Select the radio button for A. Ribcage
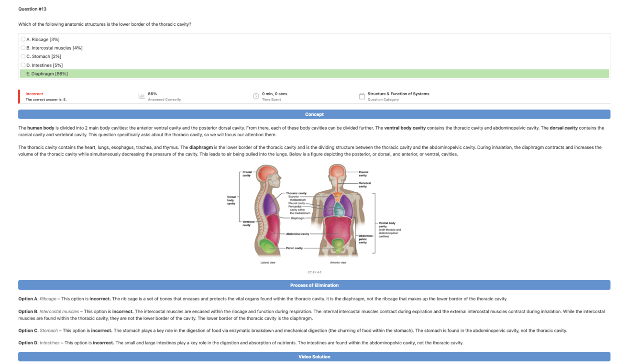coord(23,39)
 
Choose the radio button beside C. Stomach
coord(23,56)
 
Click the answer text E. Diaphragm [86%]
coord(47,74)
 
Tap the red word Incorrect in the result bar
coord(34,94)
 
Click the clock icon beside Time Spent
coord(256,96)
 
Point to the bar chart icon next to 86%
coord(142,96)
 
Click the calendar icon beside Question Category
coord(362,96)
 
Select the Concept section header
coord(314,114)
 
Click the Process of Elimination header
coord(314,285)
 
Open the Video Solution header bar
coord(314,357)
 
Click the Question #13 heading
coord(32,9)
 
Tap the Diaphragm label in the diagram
coord(297,218)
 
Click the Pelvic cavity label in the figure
coord(294,248)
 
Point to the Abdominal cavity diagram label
coord(297,234)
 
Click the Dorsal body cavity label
coord(231,200)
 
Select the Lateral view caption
coord(267,263)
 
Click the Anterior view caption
coord(338,263)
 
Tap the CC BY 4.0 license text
coord(314,272)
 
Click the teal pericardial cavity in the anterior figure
coord(339,210)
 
